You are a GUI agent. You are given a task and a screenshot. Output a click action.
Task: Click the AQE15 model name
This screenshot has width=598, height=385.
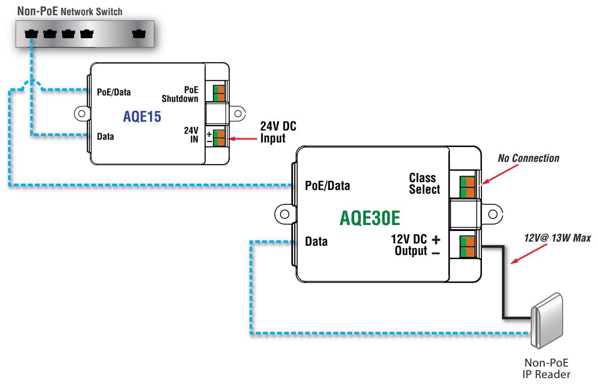[142, 117]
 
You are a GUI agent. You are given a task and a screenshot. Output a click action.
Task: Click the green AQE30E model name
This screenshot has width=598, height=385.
[370, 218]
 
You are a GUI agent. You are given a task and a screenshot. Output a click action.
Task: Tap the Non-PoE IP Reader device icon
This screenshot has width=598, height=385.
[547, 320]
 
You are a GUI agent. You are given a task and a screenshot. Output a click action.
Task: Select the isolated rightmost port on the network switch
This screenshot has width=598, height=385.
[139, 34]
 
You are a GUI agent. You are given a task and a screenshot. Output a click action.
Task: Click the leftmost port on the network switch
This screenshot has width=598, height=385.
[31, 34]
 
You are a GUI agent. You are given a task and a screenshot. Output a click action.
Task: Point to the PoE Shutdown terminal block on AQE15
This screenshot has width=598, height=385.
[219, 93]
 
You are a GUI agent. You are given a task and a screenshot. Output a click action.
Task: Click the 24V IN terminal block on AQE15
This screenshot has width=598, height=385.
[219, 138]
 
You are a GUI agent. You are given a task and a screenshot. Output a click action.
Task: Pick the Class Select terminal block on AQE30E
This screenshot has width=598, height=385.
[467, 187]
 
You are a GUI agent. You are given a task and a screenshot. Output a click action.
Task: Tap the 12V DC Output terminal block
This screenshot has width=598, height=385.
[467, 247]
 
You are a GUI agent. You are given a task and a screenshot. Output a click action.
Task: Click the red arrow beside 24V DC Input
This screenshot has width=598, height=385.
[243, 139]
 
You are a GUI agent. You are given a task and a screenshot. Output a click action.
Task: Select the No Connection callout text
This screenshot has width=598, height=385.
[528, 158]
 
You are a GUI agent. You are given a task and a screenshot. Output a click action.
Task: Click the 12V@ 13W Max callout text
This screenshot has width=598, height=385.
[557, 238]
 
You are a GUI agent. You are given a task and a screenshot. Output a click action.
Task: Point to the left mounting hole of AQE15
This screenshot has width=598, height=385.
[82, 113]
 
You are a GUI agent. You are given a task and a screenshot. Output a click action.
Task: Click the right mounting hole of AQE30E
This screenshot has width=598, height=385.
[493, 214]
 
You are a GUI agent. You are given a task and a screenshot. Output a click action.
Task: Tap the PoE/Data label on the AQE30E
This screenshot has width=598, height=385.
[327, 186]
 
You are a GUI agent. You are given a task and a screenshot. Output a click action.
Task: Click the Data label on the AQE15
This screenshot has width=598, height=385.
[106, 136]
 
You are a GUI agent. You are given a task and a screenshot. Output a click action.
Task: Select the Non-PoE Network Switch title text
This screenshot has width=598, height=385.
[70, 12]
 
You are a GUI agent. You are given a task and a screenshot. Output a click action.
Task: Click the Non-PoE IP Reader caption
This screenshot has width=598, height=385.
[546, 369]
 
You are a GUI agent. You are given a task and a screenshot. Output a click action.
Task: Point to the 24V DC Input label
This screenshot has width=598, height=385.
[278, 132]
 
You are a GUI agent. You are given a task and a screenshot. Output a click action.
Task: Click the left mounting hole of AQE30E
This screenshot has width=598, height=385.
[285, 214]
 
